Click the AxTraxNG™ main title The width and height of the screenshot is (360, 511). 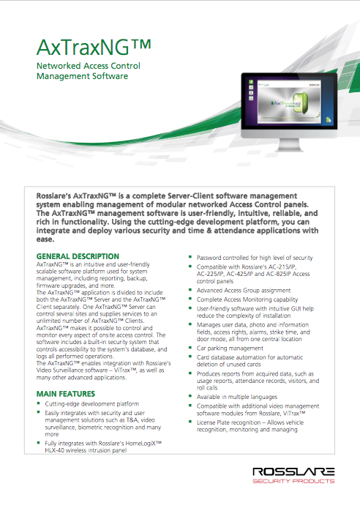click(x=94, y=48)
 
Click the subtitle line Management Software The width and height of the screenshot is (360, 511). click(x=82, y=76)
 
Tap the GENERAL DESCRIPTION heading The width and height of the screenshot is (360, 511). click(x=78, y=256)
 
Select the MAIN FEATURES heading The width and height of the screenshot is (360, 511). click(x=65, y=394)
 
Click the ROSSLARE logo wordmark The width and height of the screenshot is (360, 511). click(x=293, y=471)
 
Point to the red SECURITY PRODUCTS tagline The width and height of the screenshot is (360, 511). click(x=293, y=481)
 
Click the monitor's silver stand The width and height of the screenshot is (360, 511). click(x=289, y=145)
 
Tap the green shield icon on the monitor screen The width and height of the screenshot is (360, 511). click(x=300, y=102)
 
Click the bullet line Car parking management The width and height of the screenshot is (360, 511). click(x=230, y=348)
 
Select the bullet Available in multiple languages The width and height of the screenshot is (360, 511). click(x=237, y=397)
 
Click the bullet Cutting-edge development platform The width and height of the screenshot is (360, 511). click(x=92, y=404)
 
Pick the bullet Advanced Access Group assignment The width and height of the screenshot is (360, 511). click(x=244, y=291)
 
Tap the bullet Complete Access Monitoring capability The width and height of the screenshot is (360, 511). click(x=247, y=299)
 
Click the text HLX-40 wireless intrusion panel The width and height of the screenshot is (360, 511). click(x=86, y=450)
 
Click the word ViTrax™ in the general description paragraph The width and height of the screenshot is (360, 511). click(x=125, y=370)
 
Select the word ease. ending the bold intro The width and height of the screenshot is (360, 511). click(x=45, y=239)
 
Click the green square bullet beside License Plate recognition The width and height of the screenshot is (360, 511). click(x=190, y=422)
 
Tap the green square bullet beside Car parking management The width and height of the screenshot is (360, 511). click(x=190, y=348)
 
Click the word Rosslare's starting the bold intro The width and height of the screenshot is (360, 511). click(x=53, y=196)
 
